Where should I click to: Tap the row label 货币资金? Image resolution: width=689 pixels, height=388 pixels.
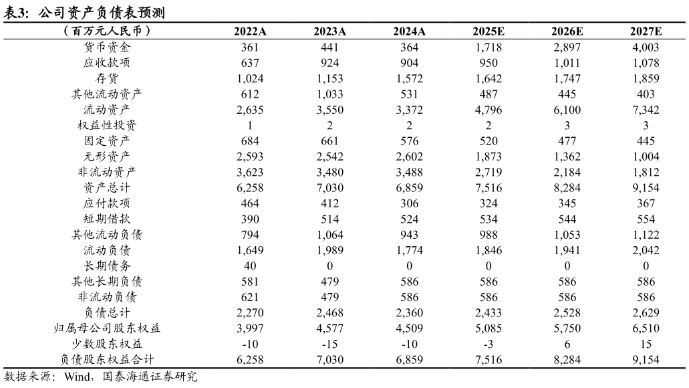pos(107,47)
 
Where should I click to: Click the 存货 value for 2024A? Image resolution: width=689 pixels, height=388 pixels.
pos(408,78)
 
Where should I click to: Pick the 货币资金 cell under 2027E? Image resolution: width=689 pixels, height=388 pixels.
pos(646,47)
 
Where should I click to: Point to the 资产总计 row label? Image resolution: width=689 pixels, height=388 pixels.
pos(107,188)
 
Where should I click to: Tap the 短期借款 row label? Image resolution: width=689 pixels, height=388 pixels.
pos(107,219)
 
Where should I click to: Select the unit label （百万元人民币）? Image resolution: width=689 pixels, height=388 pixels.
pos(107,31)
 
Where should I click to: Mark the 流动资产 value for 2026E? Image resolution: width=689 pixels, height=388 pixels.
pos(567,110)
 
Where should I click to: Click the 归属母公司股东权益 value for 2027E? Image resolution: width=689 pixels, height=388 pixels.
pos(646,328)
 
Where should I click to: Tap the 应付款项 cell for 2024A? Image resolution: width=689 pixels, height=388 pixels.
pos(408,203)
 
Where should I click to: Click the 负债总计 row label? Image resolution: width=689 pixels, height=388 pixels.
pos(107,312)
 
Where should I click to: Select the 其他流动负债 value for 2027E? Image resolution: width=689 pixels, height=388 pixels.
pos(646,235)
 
